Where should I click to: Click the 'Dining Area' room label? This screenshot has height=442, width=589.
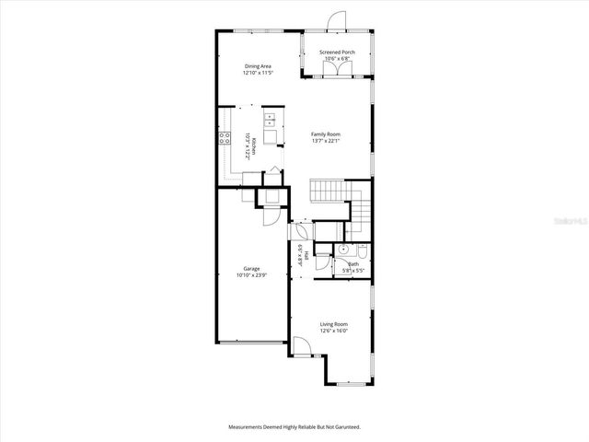point(258,66)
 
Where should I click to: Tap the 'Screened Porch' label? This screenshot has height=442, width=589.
point(337,52)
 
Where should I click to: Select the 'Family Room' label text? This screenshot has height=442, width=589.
point(327,134)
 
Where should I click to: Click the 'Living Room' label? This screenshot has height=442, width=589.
point(333,324)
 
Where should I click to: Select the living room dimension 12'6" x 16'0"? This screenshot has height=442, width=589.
point(333,331)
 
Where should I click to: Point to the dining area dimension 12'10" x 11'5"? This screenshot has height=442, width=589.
point(258,73)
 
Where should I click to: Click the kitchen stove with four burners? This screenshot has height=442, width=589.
point(224,139)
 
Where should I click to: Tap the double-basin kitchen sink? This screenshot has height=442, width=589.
point(270,118)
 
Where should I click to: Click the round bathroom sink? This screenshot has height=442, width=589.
point(342,249)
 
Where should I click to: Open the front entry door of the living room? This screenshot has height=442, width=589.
point(301,349)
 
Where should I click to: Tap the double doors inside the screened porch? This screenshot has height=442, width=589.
point(337,78)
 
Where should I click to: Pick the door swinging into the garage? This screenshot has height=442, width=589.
point(269,217)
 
